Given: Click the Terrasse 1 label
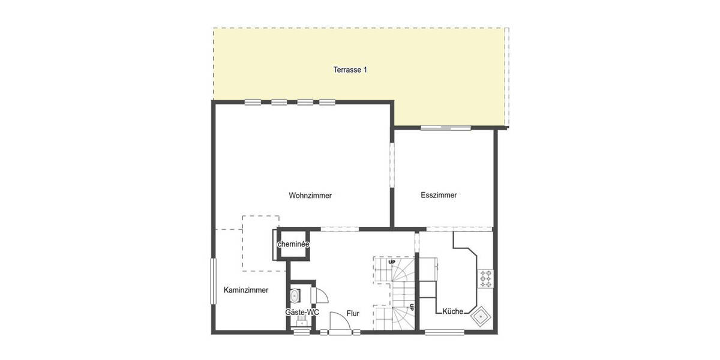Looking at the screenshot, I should click(x=350, y=70).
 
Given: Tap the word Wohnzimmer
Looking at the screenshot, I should click(x=310, y=196).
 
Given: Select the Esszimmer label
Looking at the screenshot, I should click(x=439, y=195).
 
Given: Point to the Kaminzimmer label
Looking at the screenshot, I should click(x=245, y=290).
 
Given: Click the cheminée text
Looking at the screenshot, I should click(x=293, y=244).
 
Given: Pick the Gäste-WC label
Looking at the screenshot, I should click(x=302, y=313).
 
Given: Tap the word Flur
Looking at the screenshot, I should click(x=353, y=313).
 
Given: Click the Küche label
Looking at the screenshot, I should click(x=452, y=311).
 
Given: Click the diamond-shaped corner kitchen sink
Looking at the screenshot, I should click(x=481, y=316).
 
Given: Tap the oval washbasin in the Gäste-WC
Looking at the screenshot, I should click(x=295, y=296).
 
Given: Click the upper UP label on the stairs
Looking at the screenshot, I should click(x=392, y=262).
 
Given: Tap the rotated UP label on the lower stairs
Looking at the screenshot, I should click(x=412, y=307).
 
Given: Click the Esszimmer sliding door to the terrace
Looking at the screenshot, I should click(x=445, y=127).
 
